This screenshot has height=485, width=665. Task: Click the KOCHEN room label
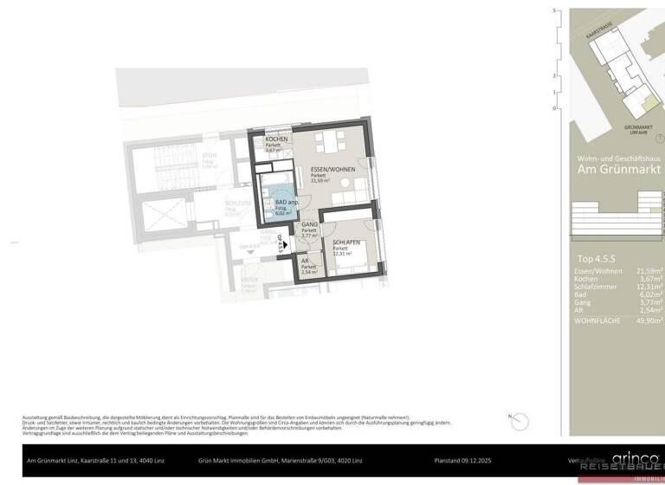tap(277, 139)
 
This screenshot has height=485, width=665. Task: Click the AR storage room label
tap(305, 261)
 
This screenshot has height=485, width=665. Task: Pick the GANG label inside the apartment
tap(310, 224)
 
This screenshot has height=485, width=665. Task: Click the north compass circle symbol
tap(514, 417)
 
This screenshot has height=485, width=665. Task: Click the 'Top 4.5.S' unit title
tap(597, 259)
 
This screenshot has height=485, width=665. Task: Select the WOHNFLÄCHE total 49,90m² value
tap(649, 320)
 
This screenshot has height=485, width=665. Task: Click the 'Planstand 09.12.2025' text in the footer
tap(466, 460)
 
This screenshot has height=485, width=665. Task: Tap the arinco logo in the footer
tap(636, 458)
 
